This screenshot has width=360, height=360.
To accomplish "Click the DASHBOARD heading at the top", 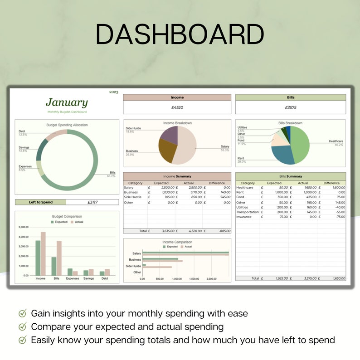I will (180, 34).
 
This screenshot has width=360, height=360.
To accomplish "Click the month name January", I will (67, 102).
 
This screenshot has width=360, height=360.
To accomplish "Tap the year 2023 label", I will (113, 92).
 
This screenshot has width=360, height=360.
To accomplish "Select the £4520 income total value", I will (177, 108).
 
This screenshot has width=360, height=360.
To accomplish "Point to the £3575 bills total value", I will (290, 108).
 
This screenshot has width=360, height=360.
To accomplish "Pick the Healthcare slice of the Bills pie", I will (301, 144).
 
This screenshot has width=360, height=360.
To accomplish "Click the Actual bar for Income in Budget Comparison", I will (43, 253).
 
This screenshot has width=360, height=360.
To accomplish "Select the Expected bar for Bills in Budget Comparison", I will (54, 266).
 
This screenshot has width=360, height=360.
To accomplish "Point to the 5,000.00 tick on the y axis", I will (24, 227).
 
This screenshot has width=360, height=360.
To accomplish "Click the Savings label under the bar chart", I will (88, 278).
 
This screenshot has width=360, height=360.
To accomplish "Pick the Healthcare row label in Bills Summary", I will (245, 187).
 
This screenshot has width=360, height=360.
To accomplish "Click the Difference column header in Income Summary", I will (217, 183).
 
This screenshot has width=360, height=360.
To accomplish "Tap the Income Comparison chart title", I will (177, 242).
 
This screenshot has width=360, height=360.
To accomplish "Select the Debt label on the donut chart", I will (22, 131).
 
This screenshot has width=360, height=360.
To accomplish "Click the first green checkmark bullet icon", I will (22, 313).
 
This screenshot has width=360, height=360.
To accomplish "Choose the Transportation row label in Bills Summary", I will (248, 212).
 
